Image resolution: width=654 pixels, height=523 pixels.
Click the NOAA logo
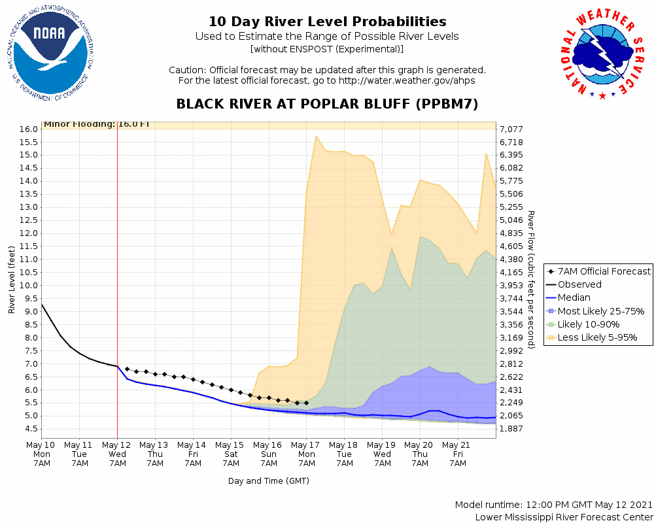coord(50,58)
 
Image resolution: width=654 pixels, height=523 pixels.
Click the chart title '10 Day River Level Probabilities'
coord(327,22)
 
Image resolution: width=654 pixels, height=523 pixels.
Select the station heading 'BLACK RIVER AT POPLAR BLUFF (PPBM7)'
coord(327,105)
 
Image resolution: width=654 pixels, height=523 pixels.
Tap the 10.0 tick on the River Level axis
coord(29,285)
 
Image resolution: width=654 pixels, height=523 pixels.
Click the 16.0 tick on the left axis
coord(29,129)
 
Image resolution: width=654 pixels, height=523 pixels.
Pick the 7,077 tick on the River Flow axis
coord(512,129)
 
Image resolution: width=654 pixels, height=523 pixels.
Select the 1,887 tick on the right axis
coord(512,429)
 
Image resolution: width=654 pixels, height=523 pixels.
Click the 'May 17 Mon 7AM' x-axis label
coord(306,454)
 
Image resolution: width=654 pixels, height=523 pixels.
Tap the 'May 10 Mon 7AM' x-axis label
coord(42,454)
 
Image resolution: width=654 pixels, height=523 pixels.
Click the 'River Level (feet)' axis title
coord(12,279)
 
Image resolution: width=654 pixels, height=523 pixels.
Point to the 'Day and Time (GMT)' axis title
coord(268,481)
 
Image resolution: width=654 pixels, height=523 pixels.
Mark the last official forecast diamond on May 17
coord(306,403)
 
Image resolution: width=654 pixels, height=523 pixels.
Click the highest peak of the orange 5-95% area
coord(316,136)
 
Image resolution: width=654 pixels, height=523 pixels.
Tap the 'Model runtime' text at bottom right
coord(553,505)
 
